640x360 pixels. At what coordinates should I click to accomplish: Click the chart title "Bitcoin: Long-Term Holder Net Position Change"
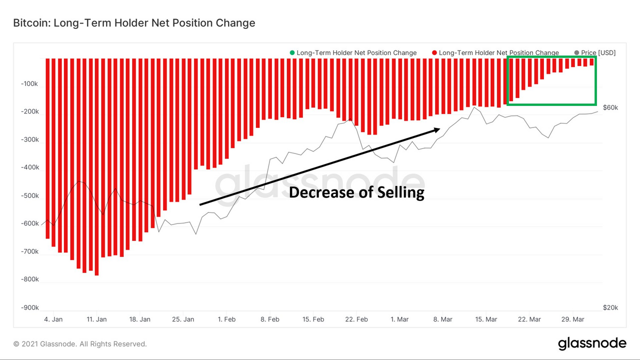coord(134,23)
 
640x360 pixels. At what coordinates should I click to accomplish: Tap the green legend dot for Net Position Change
coord(292,52)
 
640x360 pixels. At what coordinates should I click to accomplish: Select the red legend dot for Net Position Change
coord(434,52)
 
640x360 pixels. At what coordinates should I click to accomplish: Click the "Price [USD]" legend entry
coord(598,52)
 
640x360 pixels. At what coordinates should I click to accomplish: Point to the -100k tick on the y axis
coord(29,83)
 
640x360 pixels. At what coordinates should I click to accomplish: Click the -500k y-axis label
coord(29,195)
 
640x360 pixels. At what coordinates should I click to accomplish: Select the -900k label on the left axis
coord(29,307)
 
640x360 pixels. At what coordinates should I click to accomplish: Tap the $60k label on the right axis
coord(610,107)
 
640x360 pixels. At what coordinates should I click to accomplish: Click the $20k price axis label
coord(610,307)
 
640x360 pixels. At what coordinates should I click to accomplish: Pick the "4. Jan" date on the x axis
coord(53,319)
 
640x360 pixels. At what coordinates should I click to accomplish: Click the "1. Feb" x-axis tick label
coord(226,319)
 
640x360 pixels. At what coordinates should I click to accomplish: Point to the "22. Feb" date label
coord(356,319)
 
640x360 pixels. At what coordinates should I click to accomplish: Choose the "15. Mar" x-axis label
coord(486,319)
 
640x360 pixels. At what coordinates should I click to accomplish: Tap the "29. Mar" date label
coord(573,319)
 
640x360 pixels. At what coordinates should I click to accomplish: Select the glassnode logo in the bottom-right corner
coord(592,343)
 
